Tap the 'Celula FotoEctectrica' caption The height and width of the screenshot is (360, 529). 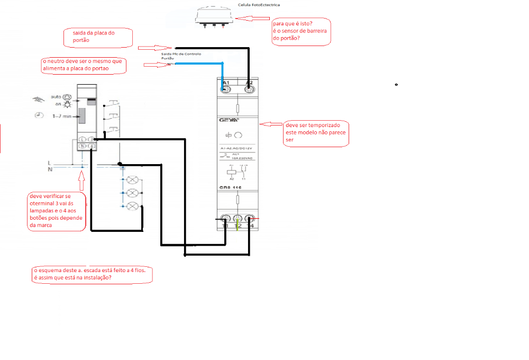260,5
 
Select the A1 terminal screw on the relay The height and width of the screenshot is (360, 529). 226,90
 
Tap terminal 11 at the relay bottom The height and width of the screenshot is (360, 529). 226,219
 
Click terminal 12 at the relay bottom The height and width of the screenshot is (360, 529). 237,219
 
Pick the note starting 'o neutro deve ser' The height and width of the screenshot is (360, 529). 84,65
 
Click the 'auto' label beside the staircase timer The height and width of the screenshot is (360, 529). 56,97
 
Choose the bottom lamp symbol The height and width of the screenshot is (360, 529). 133,205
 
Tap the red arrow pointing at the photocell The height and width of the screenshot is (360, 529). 252,18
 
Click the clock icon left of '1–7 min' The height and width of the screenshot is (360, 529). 39,115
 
